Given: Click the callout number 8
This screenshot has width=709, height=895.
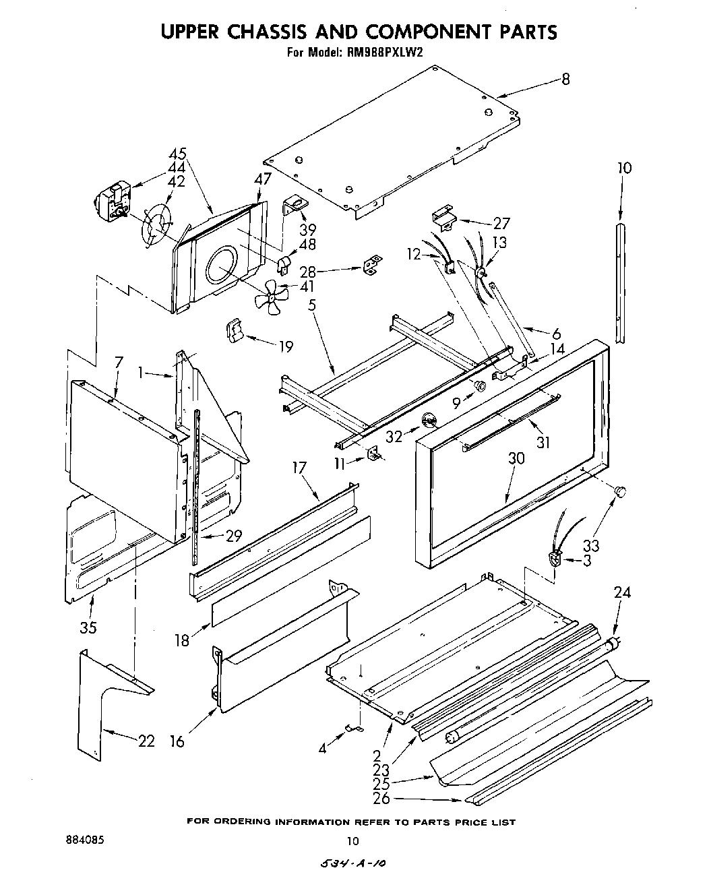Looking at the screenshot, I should tap(565, 80).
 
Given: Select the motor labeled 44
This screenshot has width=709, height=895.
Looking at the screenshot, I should tap(112, 201).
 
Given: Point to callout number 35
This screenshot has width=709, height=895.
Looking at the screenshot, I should tap(88, 627).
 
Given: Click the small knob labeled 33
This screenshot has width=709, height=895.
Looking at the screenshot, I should tap(619, 491).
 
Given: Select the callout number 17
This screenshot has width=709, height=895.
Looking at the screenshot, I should tap(299, 467).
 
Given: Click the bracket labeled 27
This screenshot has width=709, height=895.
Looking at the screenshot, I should tap(442, 217).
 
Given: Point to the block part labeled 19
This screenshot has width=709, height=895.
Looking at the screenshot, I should tap(234, 332).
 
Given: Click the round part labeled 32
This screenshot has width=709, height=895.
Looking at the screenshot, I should tap(429, 422).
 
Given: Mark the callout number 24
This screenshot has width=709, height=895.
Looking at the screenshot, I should tap(622, 592).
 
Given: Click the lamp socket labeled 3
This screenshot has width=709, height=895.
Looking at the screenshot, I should tap(555, 559).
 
